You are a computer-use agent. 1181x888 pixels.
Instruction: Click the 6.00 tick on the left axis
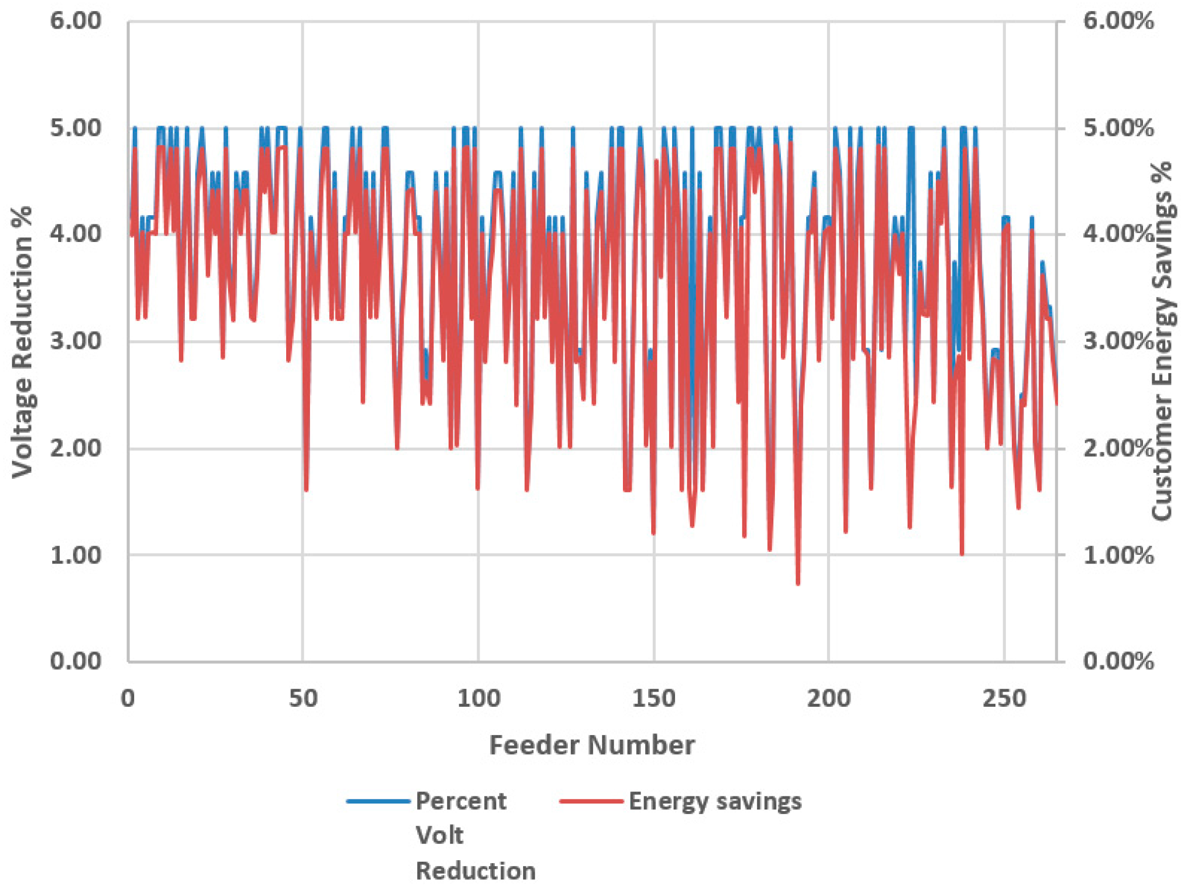coord(75,22)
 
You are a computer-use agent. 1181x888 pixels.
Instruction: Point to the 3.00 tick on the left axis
coord(75,341)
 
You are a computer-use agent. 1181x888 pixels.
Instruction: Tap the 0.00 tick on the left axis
coord(75,661)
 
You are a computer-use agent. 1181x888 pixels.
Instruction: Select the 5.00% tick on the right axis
coord(1118,129)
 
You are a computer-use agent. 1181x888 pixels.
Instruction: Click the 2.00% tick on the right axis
coord(1118,448)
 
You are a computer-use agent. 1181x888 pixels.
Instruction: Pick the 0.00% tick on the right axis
coord(1118,662)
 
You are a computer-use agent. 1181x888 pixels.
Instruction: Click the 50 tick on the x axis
coord(303,699)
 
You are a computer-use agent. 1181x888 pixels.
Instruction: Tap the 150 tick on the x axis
coord(653,699)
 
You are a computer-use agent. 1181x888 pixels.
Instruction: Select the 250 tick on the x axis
coord(1004,699)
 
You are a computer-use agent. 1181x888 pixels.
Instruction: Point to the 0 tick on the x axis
coord(128,699)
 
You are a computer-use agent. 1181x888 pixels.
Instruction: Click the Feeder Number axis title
coord(592,745)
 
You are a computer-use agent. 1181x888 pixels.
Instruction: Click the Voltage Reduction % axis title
coord(22,342)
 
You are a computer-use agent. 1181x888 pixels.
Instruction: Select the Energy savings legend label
coord(715,801)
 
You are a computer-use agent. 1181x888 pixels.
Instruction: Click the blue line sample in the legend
coord(378,801)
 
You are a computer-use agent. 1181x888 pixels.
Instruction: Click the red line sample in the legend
coord(591,801)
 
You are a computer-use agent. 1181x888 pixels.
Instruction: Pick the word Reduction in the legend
coord(475,871)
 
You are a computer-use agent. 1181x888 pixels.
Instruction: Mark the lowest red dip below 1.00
coord(798,583)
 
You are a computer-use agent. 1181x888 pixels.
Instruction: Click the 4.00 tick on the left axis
coord(75,234)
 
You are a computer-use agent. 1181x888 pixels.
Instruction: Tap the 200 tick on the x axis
coord(829,699)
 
